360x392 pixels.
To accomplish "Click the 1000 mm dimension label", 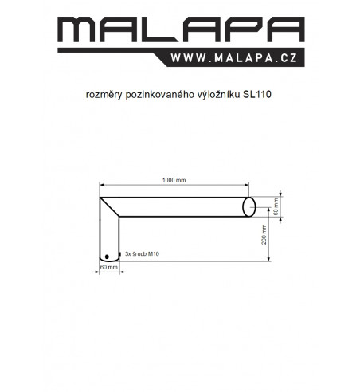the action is click(x=174, y=180).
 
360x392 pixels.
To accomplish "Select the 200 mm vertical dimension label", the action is click(x=264, y=234).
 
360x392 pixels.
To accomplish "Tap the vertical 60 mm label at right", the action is click(x=276, y=206).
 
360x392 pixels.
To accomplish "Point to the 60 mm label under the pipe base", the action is click(x=109, y=267).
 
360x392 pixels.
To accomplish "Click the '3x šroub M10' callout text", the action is click(x=142, y=254).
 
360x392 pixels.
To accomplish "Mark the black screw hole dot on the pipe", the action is click(x=107, y=257).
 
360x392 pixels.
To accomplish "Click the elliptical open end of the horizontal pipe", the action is click(x=249, y=207).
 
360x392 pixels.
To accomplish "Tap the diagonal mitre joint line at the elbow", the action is click(x=109, y=207).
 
